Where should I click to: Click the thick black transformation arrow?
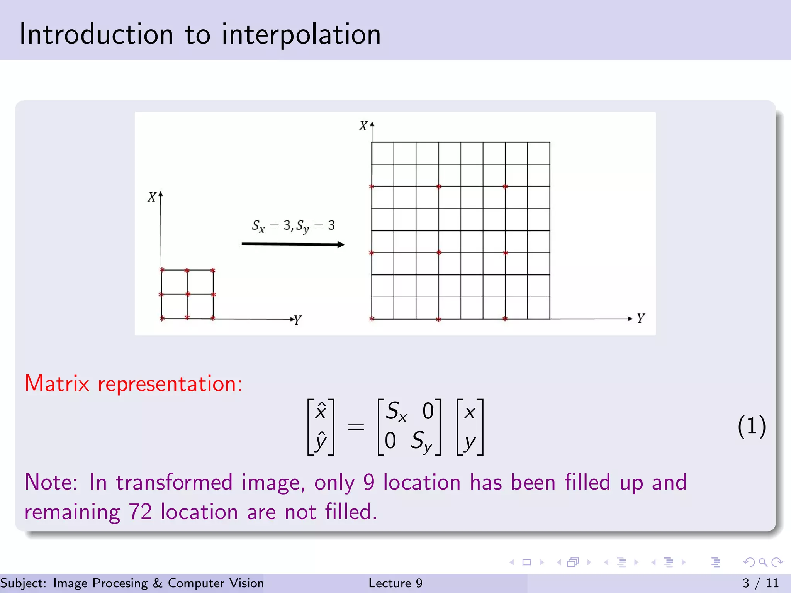pos(292,244)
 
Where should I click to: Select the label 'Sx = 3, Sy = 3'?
pos(293,226)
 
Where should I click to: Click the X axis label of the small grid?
pos(152,197)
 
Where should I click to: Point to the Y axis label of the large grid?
pos(641,319)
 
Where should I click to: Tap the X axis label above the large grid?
pos(363,126)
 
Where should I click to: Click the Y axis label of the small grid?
pos(297,320)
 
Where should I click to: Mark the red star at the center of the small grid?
pos(187,294)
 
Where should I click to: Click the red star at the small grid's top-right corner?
pos(213,270)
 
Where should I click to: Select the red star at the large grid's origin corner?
pos(372,319)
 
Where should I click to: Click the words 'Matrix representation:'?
pos(133,384)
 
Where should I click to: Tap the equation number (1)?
pos(751,427)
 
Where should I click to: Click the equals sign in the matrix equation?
pos(356,427)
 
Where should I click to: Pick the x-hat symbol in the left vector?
pos(321,411)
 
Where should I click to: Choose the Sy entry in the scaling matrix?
pos(421,441)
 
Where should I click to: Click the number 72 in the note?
pos(140,512)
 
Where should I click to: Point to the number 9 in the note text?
pos(369,483)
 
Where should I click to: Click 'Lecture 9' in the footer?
pos(395,583)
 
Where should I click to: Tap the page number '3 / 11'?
pos(760,583)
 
